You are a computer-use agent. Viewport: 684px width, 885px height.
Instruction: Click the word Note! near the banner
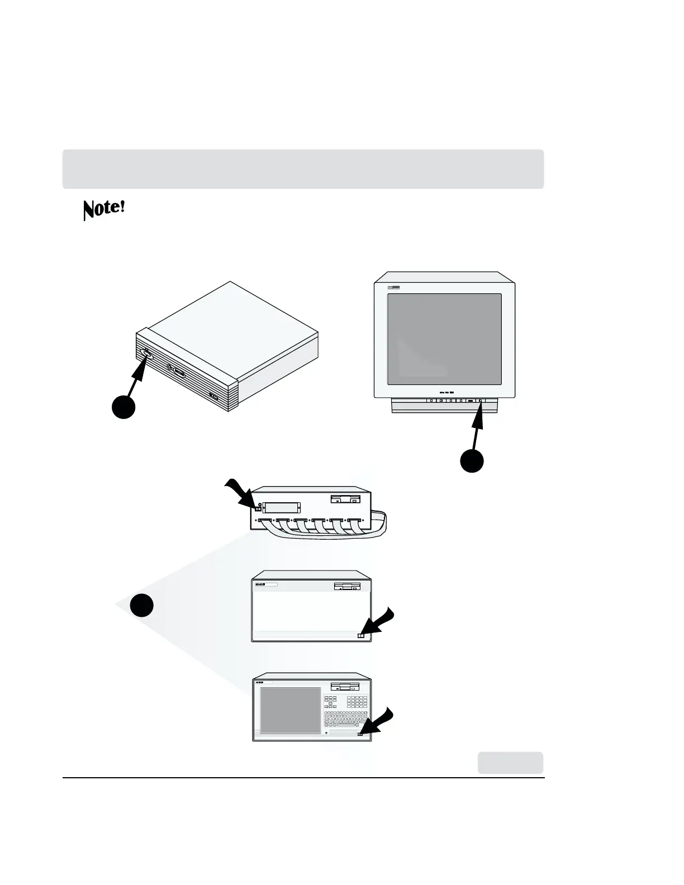click(x=103, y=209)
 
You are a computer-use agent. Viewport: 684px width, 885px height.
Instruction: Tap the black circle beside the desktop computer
click(x=123, y=406)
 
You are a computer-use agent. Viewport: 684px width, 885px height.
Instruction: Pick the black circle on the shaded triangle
click(x=142, y=605)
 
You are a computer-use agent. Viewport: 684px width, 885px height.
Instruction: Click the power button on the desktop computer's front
click(x=146, y=353)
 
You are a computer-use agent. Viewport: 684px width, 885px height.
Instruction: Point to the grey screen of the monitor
click(x=444, y=339)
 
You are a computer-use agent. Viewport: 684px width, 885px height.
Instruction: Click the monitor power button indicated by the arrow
click(x=481, y=401)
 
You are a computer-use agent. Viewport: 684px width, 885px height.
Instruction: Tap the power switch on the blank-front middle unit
click(x=360, y=635)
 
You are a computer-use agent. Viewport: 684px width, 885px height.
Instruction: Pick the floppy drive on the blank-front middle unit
click(x=347, y=586)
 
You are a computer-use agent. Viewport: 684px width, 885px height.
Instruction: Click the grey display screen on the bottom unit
click(x=291, y=710)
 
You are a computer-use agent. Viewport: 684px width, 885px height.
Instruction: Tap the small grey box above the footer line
click(x=510, y=763)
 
